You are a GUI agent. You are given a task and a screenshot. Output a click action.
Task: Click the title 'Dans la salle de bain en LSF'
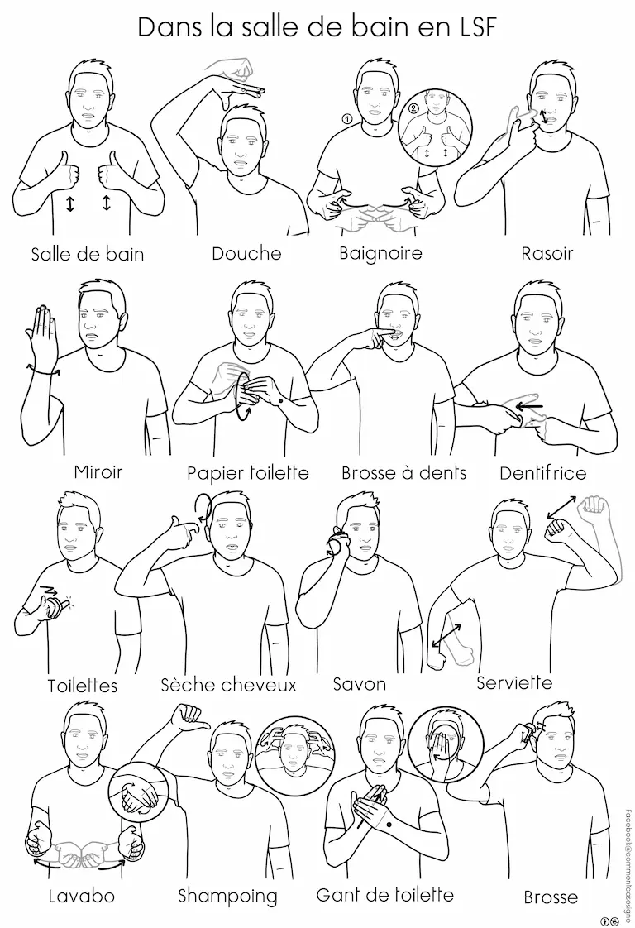[x=317, y=27]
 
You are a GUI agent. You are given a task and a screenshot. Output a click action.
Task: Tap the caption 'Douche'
[x=246, y=253]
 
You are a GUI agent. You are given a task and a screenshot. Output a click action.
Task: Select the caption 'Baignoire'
[x=380, y=253]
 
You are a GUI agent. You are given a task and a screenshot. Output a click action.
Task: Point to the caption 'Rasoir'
[x=547, y=254]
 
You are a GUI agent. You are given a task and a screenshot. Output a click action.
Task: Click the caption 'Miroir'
[x=98, y=471]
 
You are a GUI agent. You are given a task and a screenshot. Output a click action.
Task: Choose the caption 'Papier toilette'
[x=248, y=473]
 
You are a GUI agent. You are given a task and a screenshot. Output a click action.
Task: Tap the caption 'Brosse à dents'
[x=404, y=473]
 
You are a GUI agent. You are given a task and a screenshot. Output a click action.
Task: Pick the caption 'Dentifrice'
[x=542, y=473]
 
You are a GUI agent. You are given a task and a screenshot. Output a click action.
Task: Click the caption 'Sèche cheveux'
[x=228, y=685]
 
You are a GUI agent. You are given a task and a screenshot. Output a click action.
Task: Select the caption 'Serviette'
[x=514, y=682]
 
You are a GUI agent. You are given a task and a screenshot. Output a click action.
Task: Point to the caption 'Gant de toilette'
[x=385, y=894]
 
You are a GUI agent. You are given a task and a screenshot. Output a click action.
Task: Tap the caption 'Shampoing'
[x=228, y=896]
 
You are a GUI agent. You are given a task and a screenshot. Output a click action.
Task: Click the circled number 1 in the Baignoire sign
[x=347, y=119]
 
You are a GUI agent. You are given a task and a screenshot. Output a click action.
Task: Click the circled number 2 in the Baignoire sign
[x=413, y=108]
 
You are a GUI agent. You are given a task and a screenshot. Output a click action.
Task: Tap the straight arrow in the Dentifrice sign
[x=529, y=407]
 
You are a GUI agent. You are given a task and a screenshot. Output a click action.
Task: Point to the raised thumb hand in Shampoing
[x=189, y=719]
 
